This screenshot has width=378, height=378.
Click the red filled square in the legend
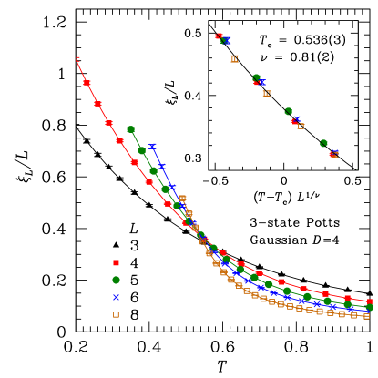point(116,262)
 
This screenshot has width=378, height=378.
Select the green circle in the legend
point(116,280)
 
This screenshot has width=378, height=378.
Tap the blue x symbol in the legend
point(116,297)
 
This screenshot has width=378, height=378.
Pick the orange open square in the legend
point(116,314)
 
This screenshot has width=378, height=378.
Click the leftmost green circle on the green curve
point(131,129)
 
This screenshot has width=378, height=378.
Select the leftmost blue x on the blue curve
point(152,146)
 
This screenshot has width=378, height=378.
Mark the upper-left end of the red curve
point(77,58)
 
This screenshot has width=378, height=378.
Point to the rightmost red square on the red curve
point(370,301)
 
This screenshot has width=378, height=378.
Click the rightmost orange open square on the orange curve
point(367,316)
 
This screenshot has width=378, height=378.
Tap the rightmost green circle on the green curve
point(370,308)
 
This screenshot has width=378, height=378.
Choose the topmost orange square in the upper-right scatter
point(234,58)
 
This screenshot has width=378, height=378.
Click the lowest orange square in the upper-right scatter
point(334,155)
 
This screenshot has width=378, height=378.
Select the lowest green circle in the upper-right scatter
point(323,143)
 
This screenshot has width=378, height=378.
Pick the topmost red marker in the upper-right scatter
point(219,36)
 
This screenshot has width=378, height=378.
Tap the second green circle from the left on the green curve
point(142,150)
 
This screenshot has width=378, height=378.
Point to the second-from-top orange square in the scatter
point(267,93)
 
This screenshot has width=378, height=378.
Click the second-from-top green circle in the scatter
point(256,78)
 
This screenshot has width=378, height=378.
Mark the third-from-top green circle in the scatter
point(289,111)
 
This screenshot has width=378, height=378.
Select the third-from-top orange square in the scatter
point(301,126)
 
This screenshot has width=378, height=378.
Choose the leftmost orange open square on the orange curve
point(182,198)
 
